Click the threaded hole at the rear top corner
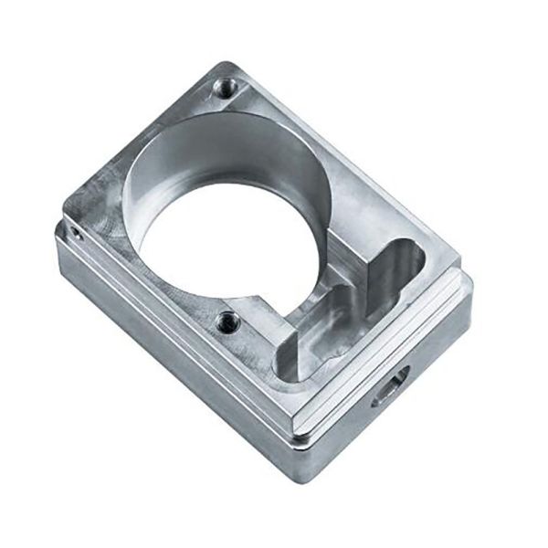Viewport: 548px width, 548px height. pos(224,89)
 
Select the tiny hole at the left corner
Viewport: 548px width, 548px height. pos(78,234)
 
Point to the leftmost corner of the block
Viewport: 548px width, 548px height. pos(57,233)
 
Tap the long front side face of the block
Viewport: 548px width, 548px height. pos(174,365)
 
